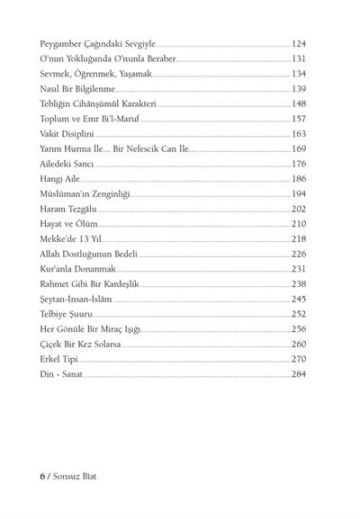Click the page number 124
click(x=299, y=42)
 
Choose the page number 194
click(x=299, y=193)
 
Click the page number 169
click(x=299, y=148)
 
